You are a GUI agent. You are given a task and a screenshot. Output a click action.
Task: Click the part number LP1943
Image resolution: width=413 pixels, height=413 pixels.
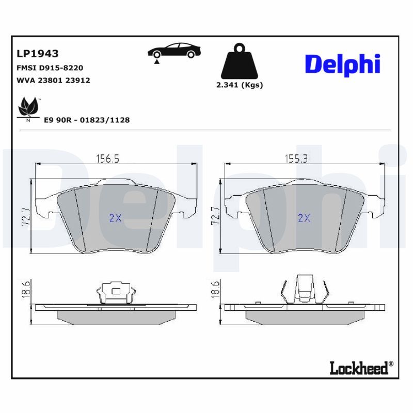37,54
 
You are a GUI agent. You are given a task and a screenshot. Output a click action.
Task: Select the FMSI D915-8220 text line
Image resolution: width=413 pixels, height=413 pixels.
50,68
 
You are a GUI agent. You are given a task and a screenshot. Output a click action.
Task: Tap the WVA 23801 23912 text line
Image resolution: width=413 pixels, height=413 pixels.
53,81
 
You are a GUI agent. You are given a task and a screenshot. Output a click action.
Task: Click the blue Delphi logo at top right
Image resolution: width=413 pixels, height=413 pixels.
342,65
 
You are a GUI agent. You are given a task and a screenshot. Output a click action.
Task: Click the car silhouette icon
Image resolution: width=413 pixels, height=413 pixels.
174,50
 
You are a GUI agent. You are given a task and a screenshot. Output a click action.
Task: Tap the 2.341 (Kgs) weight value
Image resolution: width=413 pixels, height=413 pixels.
240,85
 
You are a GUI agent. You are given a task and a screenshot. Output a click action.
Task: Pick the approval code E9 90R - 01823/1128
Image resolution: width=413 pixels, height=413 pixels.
87,120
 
